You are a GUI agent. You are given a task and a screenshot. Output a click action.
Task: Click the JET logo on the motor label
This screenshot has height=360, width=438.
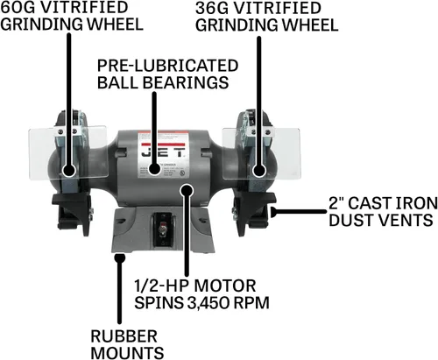(x=163, y=152)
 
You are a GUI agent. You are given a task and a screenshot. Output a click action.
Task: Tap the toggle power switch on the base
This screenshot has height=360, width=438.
(x=162, y=228)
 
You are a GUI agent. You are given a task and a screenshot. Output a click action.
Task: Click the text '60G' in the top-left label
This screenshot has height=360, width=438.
(x=18, y=7)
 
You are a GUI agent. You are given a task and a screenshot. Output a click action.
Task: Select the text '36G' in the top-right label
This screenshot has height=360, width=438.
(x=212, y=8)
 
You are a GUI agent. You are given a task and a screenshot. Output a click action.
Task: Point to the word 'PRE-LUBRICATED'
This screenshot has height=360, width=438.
(x=167, y=66)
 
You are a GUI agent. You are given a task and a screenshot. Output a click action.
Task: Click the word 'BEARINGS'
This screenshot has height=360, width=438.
(x=186, y=82)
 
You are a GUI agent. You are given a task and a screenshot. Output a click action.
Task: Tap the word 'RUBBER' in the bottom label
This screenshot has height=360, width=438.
(x=124, y=336)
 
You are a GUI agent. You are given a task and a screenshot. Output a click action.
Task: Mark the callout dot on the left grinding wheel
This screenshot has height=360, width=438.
(x=69, y=170)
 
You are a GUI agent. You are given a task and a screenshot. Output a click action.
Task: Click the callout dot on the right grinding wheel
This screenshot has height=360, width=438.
(x=259, y=171)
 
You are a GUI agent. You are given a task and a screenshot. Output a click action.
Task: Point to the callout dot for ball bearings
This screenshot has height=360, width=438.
(x=154, y=169)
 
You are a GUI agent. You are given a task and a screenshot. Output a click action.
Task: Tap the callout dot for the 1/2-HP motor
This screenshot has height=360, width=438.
(x=187, y=190)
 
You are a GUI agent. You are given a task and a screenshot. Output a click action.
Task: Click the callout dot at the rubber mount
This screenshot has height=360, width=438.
(x=119, y=258)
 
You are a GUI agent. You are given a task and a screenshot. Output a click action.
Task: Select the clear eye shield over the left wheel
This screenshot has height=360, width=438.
(x=68, y=152)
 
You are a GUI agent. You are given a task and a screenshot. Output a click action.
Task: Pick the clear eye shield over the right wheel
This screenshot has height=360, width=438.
(x=261, y=154)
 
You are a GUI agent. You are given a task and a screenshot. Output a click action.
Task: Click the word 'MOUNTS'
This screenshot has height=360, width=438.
(x=127, y=353)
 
